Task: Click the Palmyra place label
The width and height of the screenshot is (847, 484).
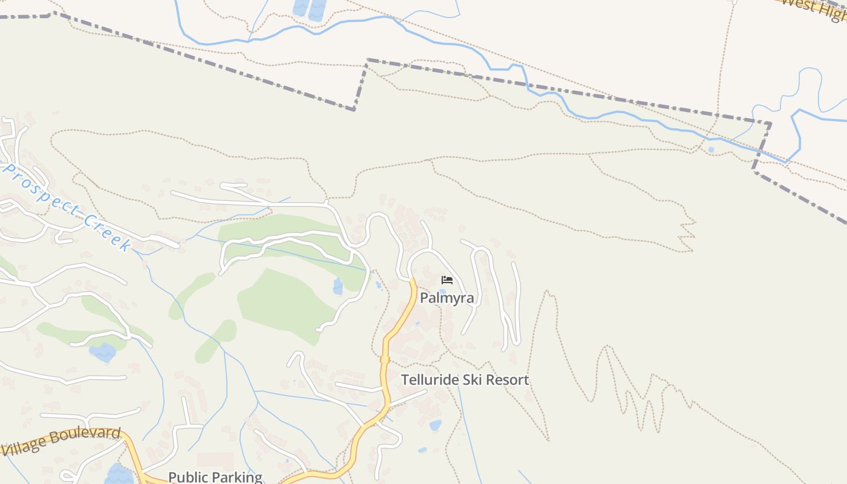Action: coord(446,298)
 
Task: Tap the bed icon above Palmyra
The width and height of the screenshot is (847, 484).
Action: coord(447,280)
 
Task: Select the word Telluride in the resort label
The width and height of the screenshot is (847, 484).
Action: coord(430,380)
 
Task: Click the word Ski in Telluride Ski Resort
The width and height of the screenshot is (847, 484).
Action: coord(474,380)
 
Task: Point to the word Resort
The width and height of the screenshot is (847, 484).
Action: coord(508,380)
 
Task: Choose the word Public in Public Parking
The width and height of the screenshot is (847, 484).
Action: coord(186,477)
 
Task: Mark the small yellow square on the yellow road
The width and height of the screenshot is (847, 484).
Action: coord(384,359)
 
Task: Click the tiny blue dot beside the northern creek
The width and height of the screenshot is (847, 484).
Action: coord(710,149)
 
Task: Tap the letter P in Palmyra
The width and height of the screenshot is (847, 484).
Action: coord(424,298)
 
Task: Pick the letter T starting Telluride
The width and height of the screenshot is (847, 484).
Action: coord(405,380)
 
